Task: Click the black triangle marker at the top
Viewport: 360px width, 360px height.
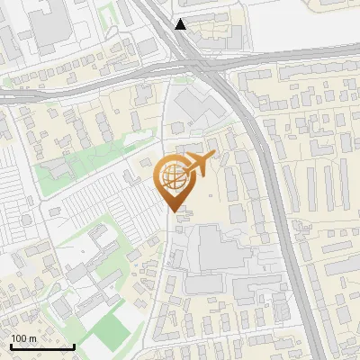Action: pyautogui.click(x=182, y=24)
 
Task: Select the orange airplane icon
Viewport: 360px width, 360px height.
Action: pyautogui.click(x=199, y=164)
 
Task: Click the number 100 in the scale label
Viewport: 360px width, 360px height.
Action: pyautogui.click(x=18, y=338)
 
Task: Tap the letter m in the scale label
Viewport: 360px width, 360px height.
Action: pyautogui.click(x=32, y=338)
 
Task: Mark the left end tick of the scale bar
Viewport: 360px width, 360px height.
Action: pyautogui.click(x=11, y=346)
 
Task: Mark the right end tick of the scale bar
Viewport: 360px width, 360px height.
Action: pyautogui.click(x=74, y=346)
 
